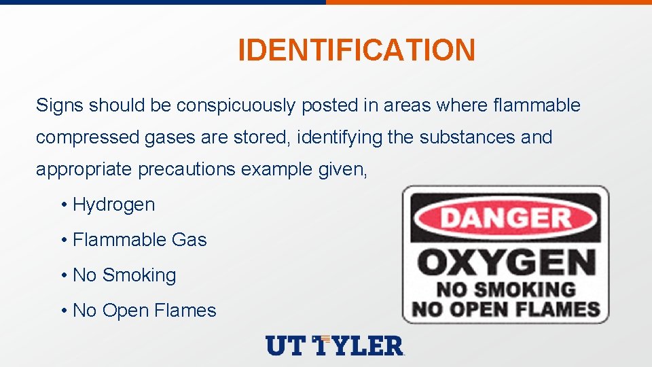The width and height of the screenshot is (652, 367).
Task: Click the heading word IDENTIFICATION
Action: coord(357,50)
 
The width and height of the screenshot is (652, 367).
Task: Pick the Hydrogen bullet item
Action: coord(113,205)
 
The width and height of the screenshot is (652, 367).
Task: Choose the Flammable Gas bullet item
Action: coord(139,240)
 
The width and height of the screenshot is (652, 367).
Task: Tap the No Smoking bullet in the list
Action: coord(124,275)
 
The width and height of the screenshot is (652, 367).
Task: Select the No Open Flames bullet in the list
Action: coord(144,311)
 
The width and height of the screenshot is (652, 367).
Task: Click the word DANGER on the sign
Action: coord(506,219)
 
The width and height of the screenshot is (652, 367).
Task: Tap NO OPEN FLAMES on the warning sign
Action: coord(506,310)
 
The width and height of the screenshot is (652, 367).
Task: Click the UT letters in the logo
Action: coord(286,346)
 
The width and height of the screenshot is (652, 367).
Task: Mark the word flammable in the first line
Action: coord(537,105)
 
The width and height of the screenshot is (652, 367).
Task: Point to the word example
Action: coord(277,169)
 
